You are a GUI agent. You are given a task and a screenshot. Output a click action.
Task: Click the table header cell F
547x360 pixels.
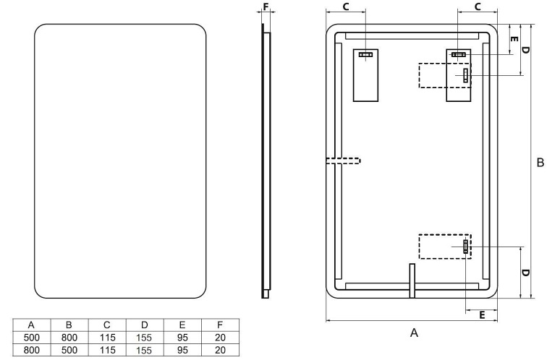click(x=219, y=325)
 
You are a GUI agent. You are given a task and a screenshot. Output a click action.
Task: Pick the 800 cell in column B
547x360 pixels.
click(x=69, y=337)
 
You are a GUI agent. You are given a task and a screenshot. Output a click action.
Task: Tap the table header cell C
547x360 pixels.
click(x=106, y=325)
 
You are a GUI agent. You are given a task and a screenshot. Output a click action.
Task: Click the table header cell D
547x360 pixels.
click(x=144, y=325)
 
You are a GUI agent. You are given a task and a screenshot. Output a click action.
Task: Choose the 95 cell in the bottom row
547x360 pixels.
click(x=182, y=348)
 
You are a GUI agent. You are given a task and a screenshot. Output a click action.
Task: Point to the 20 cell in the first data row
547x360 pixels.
click(x=219, y=337)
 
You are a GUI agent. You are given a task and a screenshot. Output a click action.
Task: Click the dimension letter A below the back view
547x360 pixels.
click(x=414, y=333)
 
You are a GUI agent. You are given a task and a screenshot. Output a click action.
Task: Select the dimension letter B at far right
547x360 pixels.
click(x=539, y=163)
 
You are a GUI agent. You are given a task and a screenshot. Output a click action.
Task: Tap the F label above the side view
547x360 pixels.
click(x=266, y=8)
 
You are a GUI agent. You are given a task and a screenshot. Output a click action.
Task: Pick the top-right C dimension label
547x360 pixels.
click(x=478, y=7)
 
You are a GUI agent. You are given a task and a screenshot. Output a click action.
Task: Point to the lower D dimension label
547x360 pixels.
click(x=525, y=273)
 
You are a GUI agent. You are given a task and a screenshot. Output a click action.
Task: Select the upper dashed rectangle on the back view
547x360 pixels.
click(x=443, y=75)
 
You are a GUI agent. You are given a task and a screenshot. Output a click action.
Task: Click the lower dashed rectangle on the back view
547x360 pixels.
click(x=444, y=247)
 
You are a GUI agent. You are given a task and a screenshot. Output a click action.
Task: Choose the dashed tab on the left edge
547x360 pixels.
click(x=342, y=161)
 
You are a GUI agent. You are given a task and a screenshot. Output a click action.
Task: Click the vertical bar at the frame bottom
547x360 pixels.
click(x=412, y=280)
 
